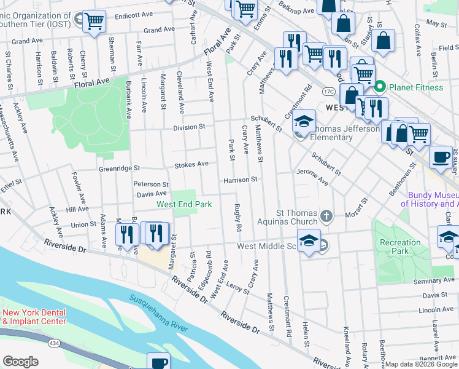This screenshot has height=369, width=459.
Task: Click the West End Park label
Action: pos(184,204)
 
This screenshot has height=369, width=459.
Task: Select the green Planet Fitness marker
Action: pos(380,87)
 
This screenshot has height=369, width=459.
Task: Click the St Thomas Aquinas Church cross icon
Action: pos(326,216)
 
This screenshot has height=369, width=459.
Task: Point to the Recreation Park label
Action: pos(400,247)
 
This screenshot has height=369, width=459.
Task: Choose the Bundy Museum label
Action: pos(429,199)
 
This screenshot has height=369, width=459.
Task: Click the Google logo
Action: pos(20,362)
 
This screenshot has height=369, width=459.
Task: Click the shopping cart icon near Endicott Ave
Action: pos(94,21)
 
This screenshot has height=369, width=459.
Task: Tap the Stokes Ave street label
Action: pos(191,164)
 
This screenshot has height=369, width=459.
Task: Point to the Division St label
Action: pos(188,127)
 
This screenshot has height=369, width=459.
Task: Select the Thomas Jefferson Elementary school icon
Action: pos(303,122)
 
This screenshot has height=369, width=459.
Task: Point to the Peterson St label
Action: pos(151,184)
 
